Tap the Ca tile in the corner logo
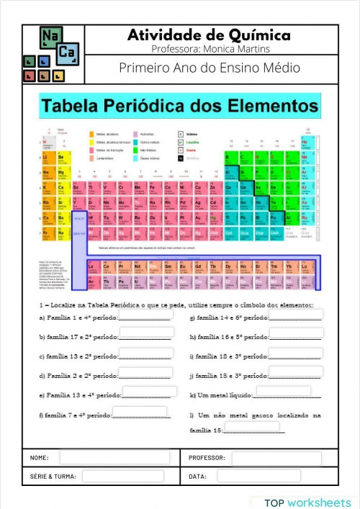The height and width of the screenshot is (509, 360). click(67, 52)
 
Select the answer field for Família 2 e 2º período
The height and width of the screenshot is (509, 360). click(145, 373)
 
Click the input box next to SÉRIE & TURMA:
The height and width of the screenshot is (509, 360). click(130, 476)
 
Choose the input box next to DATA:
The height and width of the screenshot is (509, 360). click(258, 476)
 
